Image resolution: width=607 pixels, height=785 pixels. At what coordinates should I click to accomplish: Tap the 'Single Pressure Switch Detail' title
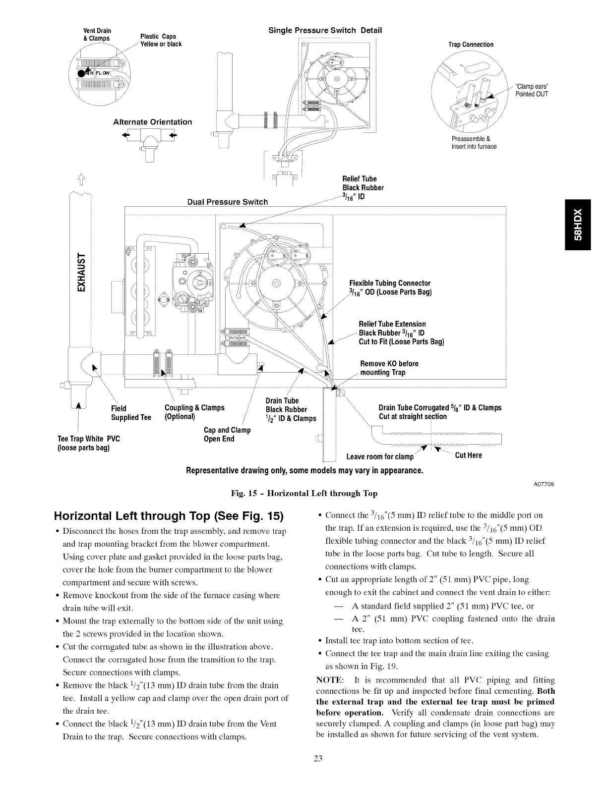pyautogui.click(x=325, y=30)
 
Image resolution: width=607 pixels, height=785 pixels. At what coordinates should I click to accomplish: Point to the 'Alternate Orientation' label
pyautogui.click(x=152, y=122)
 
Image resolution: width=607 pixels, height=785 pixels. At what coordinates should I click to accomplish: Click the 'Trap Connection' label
pyautogui.click(x=471, y=45)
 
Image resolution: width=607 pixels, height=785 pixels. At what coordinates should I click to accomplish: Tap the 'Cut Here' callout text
pyautogui.click(x=468, y=455)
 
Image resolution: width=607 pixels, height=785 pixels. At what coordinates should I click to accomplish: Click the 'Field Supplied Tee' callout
pyautogui.click(x=131, y=413)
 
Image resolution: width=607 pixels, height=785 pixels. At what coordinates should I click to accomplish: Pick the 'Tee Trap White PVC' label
pyautogui.click(x=89, y=443)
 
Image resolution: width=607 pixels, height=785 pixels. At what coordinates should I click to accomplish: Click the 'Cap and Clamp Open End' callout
pyautogui.click(x=227, y=434)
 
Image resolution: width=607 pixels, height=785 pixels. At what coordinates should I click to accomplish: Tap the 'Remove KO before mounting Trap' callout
pyautogui.click(x=389, y=368)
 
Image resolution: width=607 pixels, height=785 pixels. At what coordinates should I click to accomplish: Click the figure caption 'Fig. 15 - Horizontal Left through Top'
pyautogui.click(x=304, y=493)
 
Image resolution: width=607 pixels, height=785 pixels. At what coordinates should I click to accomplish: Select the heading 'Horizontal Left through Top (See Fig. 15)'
pyautogui.click(x=169, y=516)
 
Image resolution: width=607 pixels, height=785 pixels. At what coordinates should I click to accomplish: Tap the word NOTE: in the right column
pyautogui.click(x=328, y=680)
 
